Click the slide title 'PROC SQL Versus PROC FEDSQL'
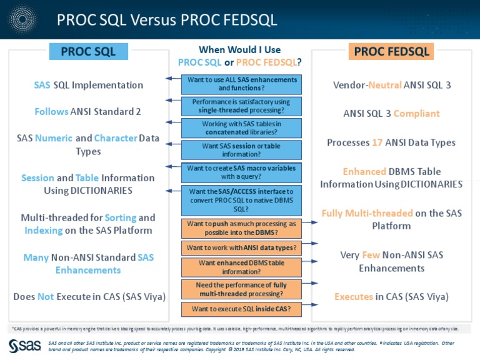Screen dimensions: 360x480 click(x=166, y=19)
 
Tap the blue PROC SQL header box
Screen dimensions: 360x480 click(x=88, y=52)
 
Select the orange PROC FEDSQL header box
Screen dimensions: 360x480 click(x=391, y=52)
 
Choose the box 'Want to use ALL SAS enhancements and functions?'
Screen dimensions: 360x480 click(x=241, y=84)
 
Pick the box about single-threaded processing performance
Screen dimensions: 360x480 click(x=241, y=106)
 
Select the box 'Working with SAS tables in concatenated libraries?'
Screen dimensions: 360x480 click(x=241, y=127)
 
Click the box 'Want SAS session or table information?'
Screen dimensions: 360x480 click(x=241, y=149)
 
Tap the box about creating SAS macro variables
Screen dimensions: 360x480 click(x=241, y=172)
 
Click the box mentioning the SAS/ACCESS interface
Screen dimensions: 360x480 click(x=241, y=200)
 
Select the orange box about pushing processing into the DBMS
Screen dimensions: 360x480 click(x=241, y=227)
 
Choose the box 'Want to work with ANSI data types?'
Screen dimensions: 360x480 click(x=241, y=248)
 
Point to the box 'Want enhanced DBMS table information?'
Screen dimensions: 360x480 click(x=241, y=267)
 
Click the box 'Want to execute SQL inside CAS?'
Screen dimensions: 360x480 click(x=241, y=309)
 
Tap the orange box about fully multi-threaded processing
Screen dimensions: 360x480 click(x=241, y=289)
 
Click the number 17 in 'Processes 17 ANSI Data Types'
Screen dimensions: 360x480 click(x=377, y=142)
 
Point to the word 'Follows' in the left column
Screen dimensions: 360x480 click(x=51, y=112)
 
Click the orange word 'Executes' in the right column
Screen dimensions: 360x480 click(x=354, y=297)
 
